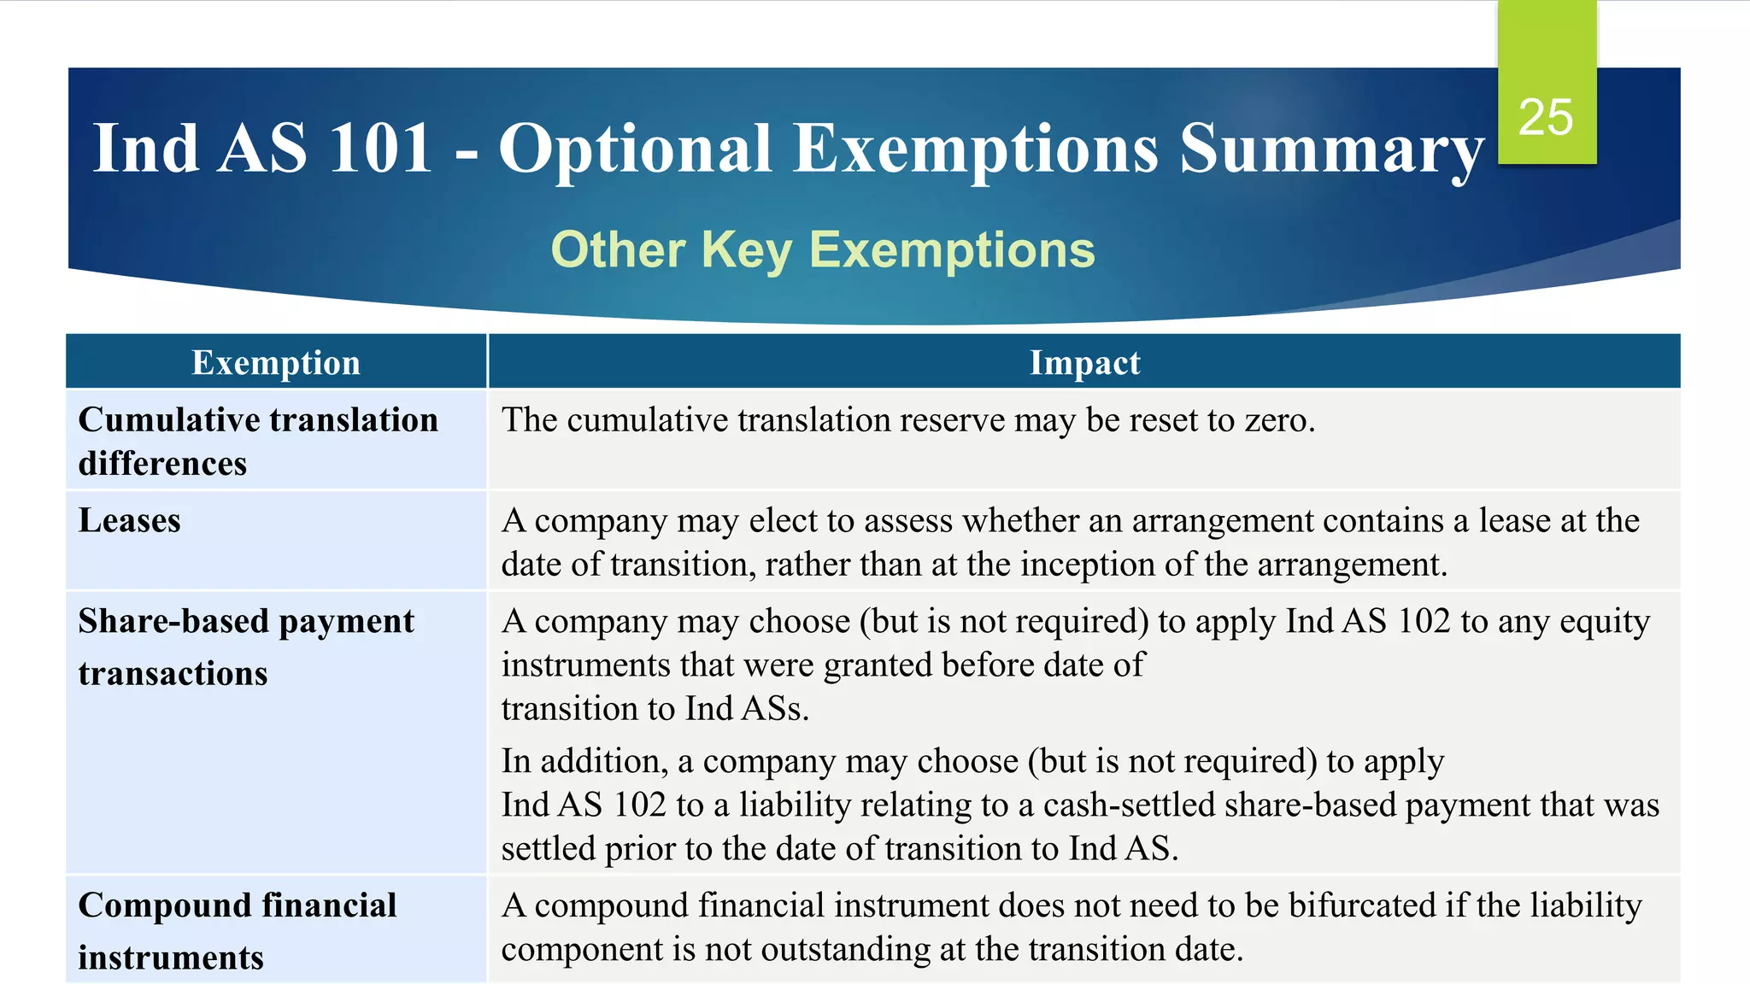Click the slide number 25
1546,117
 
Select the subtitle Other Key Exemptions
822,249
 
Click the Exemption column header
276,363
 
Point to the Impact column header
1084,363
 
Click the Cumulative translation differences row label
257,441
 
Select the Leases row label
130,521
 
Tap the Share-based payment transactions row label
246,647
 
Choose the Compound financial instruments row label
238,930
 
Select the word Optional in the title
635,149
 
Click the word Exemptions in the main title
976,149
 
